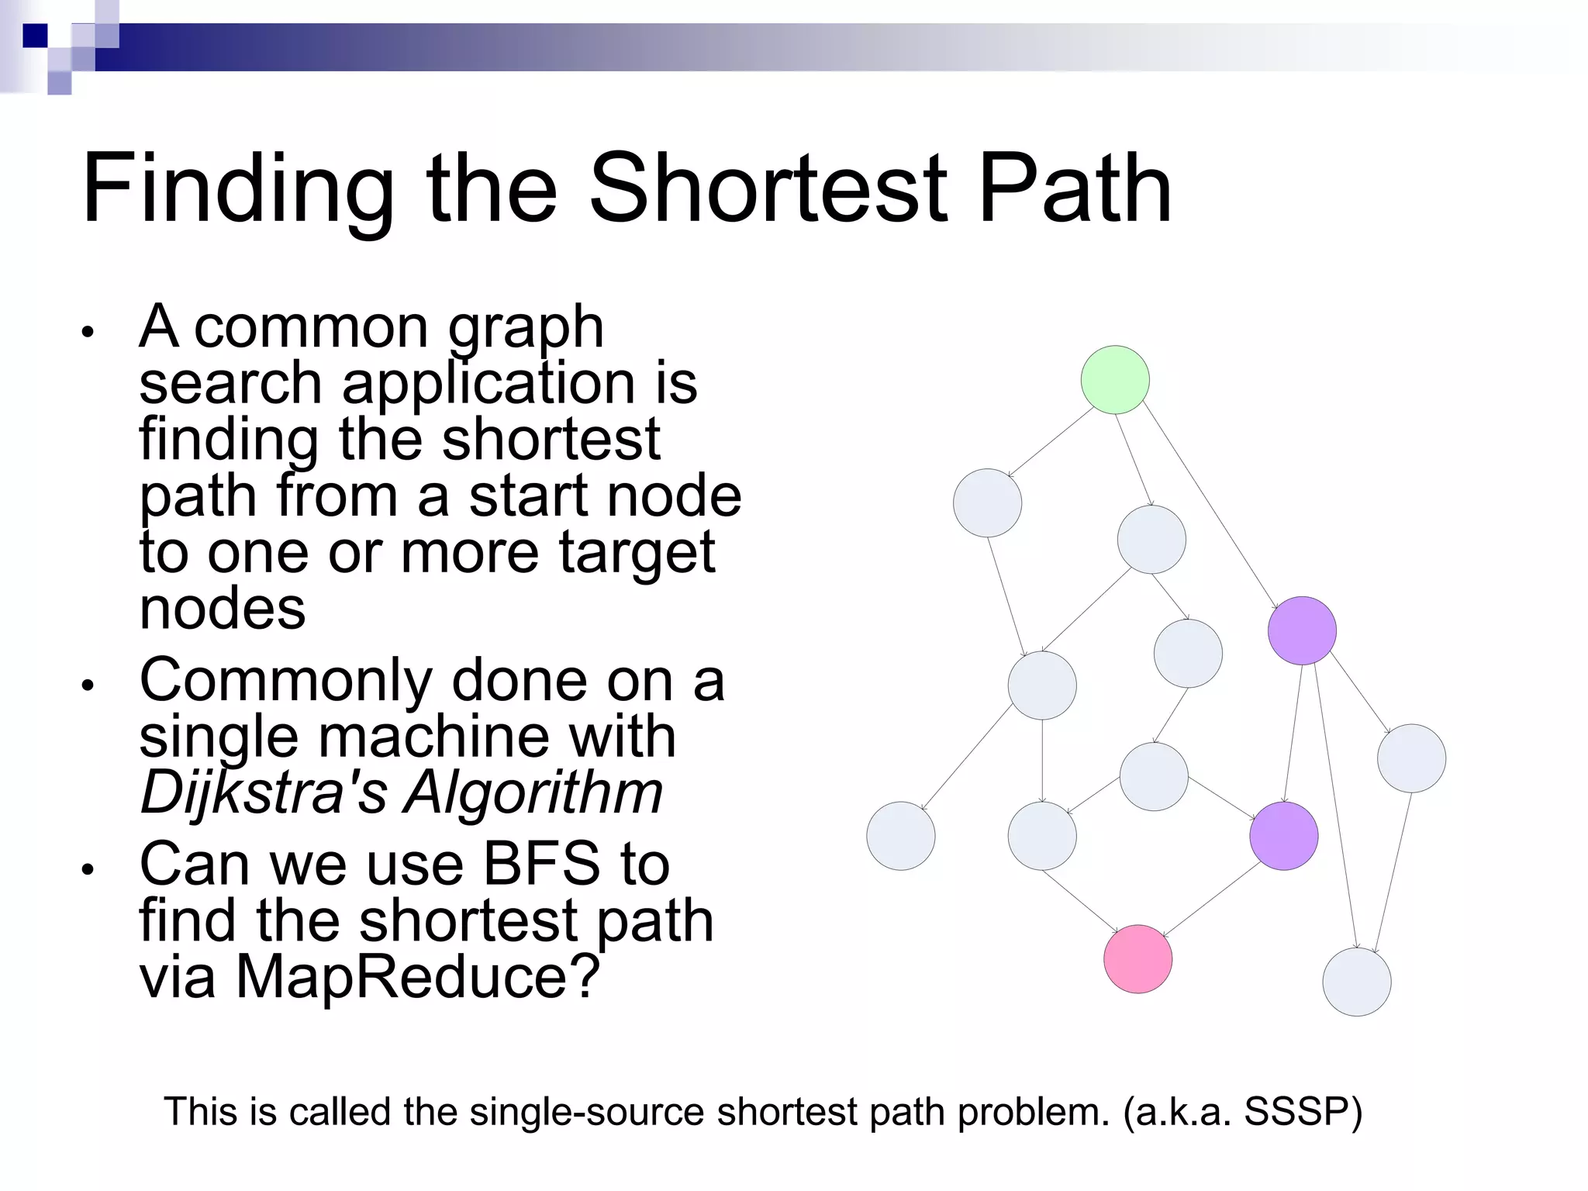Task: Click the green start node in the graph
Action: click(1115, 380)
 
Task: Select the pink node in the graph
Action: click(1137, 959)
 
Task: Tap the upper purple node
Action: click(1302, 630)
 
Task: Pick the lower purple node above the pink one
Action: click(1284, 836)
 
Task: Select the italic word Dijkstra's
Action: click(263, 793)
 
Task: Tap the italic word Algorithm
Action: click(533, 793)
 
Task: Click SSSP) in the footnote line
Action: click(1303, 1112)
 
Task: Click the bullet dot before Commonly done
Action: click(88, 685)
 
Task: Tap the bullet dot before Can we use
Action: click(88, 869)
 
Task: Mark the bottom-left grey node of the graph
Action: click(900, 836)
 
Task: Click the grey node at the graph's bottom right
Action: click(1356, 982)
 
